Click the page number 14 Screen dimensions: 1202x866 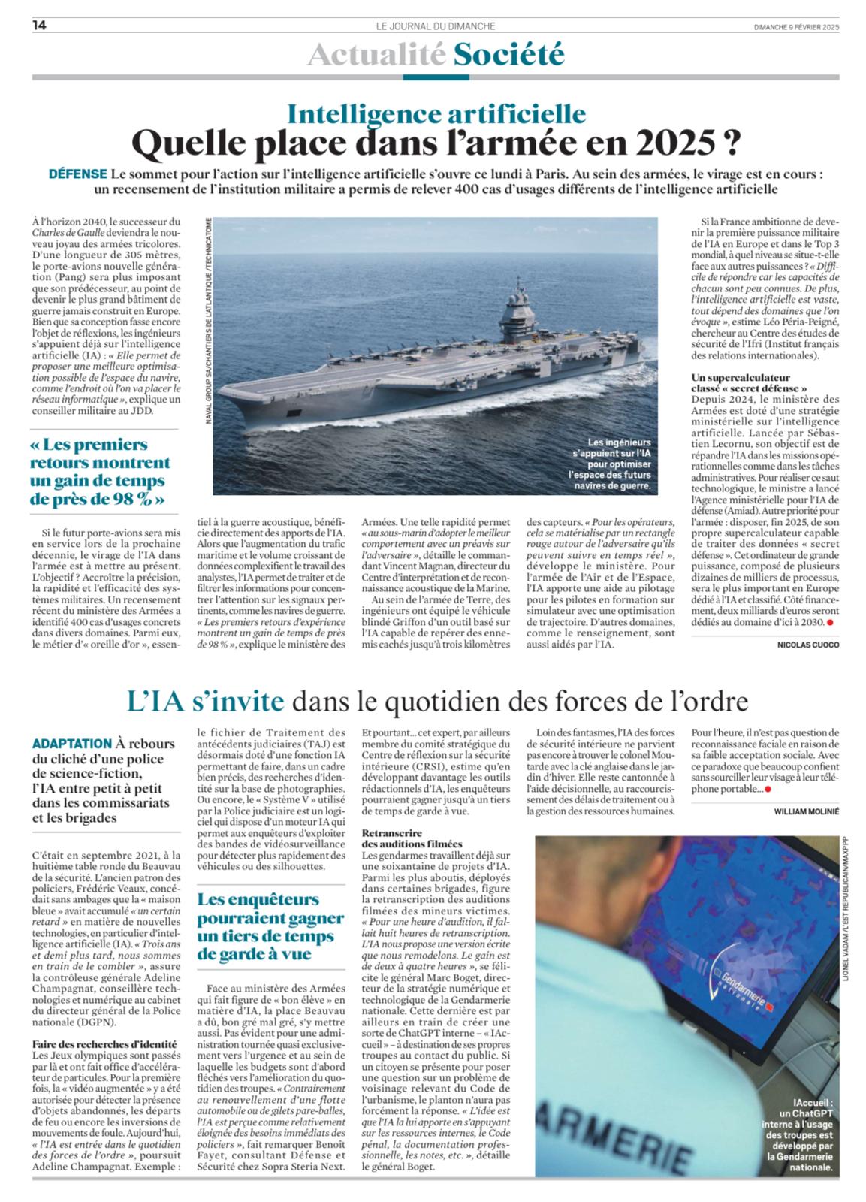[40, 26]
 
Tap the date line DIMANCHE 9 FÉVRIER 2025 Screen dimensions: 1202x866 [796, 26]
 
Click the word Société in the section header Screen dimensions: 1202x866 [508, 54]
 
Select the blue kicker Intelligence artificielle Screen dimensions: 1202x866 [437, 113]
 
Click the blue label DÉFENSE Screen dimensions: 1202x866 [77, 174]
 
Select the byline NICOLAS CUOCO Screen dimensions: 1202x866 [808, 645]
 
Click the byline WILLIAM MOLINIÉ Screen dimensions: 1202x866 [807, 811]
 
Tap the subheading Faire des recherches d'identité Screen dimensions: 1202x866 [104, 1043]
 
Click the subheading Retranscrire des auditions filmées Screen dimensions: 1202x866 [412, 839]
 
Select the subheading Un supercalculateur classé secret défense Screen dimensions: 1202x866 [740, 382]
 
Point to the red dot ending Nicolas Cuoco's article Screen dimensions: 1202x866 [831, 624]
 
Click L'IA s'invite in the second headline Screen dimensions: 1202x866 [206, 702]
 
